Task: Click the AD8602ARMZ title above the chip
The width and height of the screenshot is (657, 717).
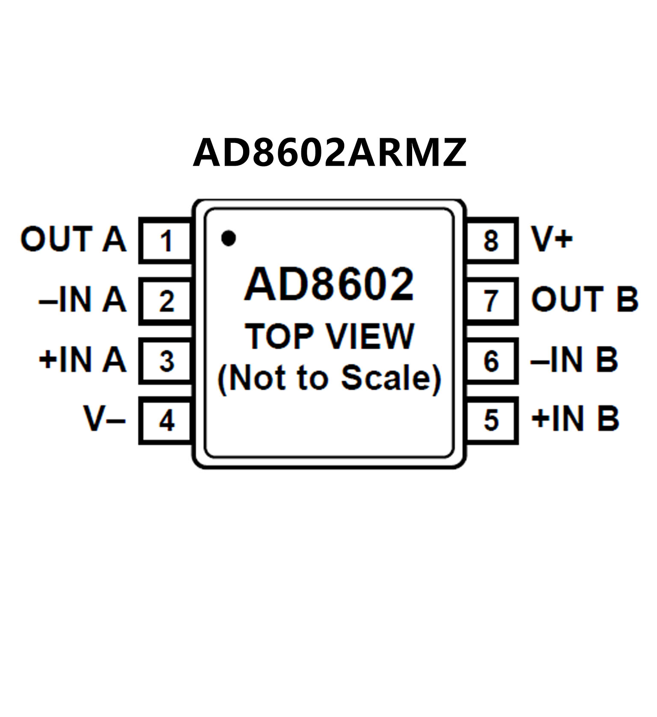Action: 329,152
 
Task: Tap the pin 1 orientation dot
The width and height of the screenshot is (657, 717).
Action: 229,238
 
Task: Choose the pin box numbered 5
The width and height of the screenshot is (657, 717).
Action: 491,420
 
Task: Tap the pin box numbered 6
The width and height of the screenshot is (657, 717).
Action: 491,360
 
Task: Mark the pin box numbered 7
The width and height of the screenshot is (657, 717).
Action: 491,300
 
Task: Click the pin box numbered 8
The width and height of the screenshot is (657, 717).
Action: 491,240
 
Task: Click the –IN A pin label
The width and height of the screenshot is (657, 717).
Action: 83,300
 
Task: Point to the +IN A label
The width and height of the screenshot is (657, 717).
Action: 83,360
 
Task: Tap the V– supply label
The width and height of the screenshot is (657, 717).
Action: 104,419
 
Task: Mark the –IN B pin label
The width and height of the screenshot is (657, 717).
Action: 574,360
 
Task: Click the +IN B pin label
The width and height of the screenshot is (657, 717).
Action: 575,418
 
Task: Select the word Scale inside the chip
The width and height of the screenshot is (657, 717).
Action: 390,378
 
